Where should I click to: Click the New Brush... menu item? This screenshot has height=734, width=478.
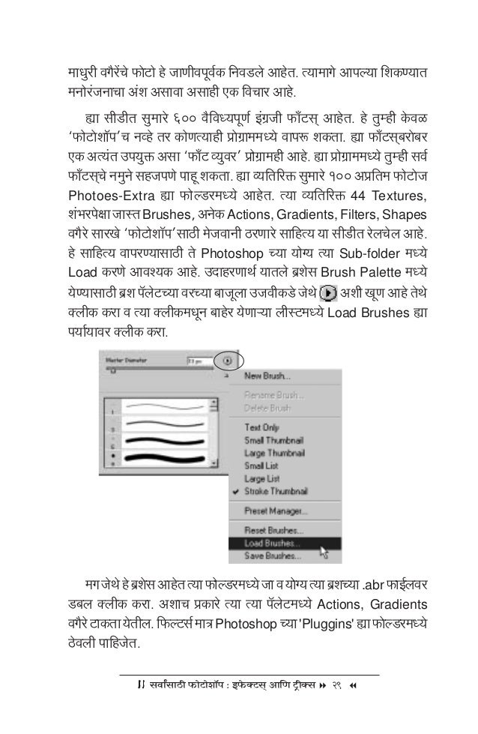[267, 376]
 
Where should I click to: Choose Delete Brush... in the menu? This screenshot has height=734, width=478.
[268, 407]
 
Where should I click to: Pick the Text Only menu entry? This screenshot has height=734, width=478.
[262, 427]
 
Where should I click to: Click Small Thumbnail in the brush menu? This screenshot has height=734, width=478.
[273, 439]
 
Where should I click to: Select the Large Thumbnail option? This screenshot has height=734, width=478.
[273, 453]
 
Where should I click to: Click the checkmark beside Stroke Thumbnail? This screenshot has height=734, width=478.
[236, 492]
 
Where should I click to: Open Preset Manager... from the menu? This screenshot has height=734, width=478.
[274, 511]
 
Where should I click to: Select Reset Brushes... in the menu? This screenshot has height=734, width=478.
[272, 530]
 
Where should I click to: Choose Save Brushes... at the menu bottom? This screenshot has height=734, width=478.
[272, 556]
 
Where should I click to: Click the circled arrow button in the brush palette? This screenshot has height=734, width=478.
[227, 361]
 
